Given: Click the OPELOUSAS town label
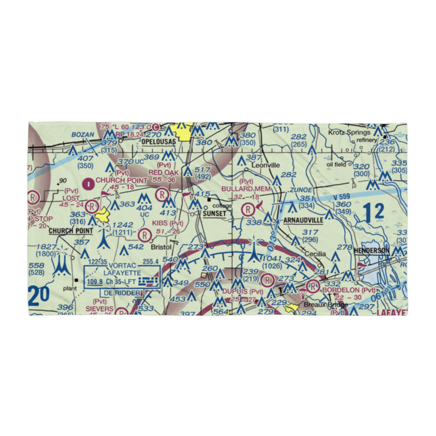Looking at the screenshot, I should pos(158,142).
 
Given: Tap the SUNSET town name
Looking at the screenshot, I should pos(214,214).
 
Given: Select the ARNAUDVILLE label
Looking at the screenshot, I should pos(303,220).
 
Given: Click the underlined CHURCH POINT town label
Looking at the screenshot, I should pos(71,231).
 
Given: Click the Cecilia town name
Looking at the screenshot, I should pos(315,254).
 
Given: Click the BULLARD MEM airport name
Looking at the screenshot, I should pos(246,189).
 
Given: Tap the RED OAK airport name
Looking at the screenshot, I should pos(163,173).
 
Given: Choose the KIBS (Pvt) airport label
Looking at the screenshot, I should pos(167,224).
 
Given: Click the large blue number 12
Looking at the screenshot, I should pos(374,212).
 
